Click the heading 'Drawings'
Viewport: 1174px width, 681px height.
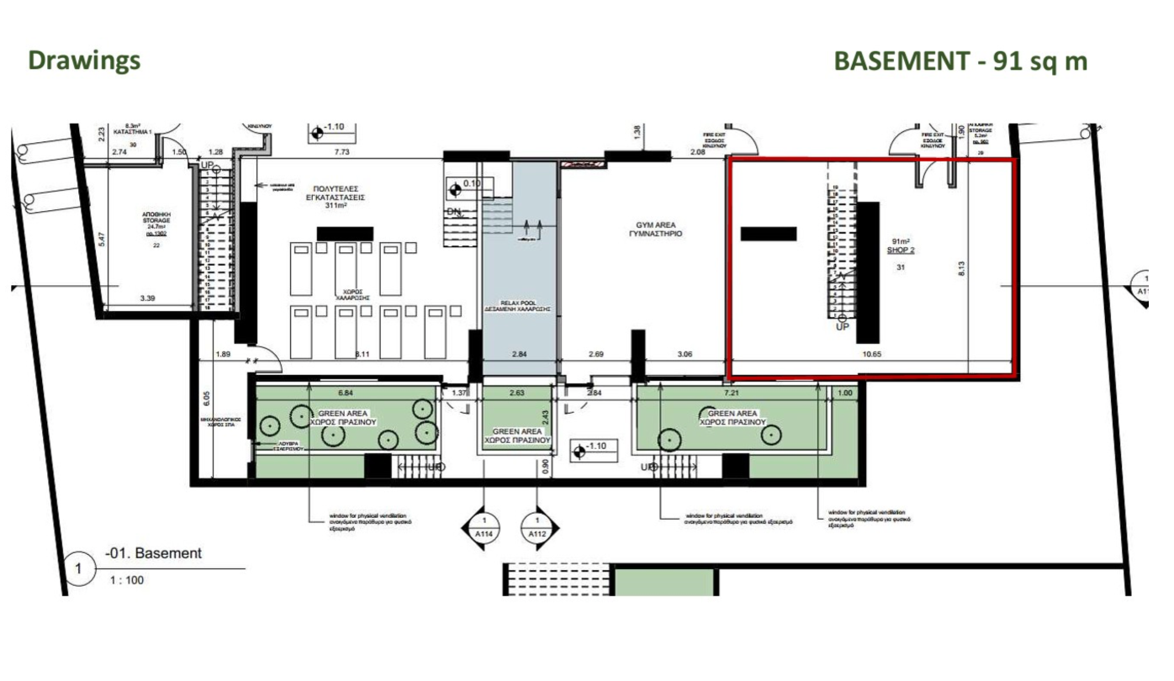84,61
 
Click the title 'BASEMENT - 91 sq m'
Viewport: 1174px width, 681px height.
960,61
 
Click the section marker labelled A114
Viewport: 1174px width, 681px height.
484,528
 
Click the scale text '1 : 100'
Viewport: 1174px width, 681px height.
126,579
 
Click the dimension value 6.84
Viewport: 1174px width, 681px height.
346,393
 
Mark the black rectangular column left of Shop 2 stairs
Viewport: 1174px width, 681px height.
768,234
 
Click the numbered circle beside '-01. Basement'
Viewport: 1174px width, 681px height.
79,568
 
